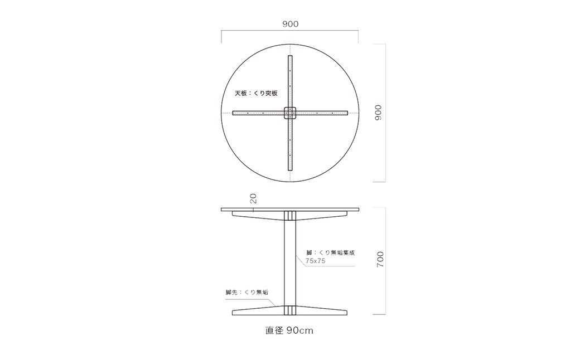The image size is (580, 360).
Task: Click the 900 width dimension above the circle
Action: (290, 24)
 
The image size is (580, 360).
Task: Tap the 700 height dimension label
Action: (380, 260)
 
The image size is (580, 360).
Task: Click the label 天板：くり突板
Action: (255, 94)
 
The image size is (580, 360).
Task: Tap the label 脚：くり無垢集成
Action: (331, 252)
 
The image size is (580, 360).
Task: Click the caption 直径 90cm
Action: (289, 330)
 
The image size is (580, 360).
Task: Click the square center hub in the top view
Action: (290, 113)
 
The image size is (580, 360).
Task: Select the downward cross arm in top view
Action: (290, 145)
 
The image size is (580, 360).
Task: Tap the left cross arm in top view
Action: (258, 113)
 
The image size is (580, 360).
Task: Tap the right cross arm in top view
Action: (322, 113)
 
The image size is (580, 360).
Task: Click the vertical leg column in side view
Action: (290, 262)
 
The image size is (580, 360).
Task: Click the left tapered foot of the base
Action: (257, 310)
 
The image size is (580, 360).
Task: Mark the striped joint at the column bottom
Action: (290, 310)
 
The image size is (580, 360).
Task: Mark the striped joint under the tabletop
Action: (290, 216)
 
